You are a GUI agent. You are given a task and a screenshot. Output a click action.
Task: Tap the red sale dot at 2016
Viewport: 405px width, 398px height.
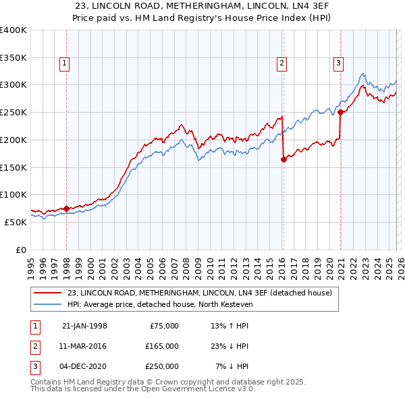click(x=283, y=159)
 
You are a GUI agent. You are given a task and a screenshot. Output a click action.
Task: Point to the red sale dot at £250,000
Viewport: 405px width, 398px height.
click(x=341, y=113)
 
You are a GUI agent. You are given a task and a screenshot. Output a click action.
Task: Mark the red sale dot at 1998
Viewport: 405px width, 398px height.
click(x=67, y=208)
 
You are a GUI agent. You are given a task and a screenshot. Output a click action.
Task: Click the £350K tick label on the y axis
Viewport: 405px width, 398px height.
click(x=13, y=57)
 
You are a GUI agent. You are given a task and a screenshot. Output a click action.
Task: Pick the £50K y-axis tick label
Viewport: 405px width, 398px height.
click(x=16, y=222)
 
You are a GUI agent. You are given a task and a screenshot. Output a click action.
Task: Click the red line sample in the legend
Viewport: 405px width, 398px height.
click(x=49, y=293)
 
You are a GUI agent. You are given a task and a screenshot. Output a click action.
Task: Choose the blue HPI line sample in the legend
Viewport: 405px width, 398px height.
click(x=49, y=305)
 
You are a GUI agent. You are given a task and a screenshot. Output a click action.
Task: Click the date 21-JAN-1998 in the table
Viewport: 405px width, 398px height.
click(x=84, y=326)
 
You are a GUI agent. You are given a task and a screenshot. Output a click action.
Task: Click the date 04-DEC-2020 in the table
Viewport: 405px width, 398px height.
click(x=84, y=366)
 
